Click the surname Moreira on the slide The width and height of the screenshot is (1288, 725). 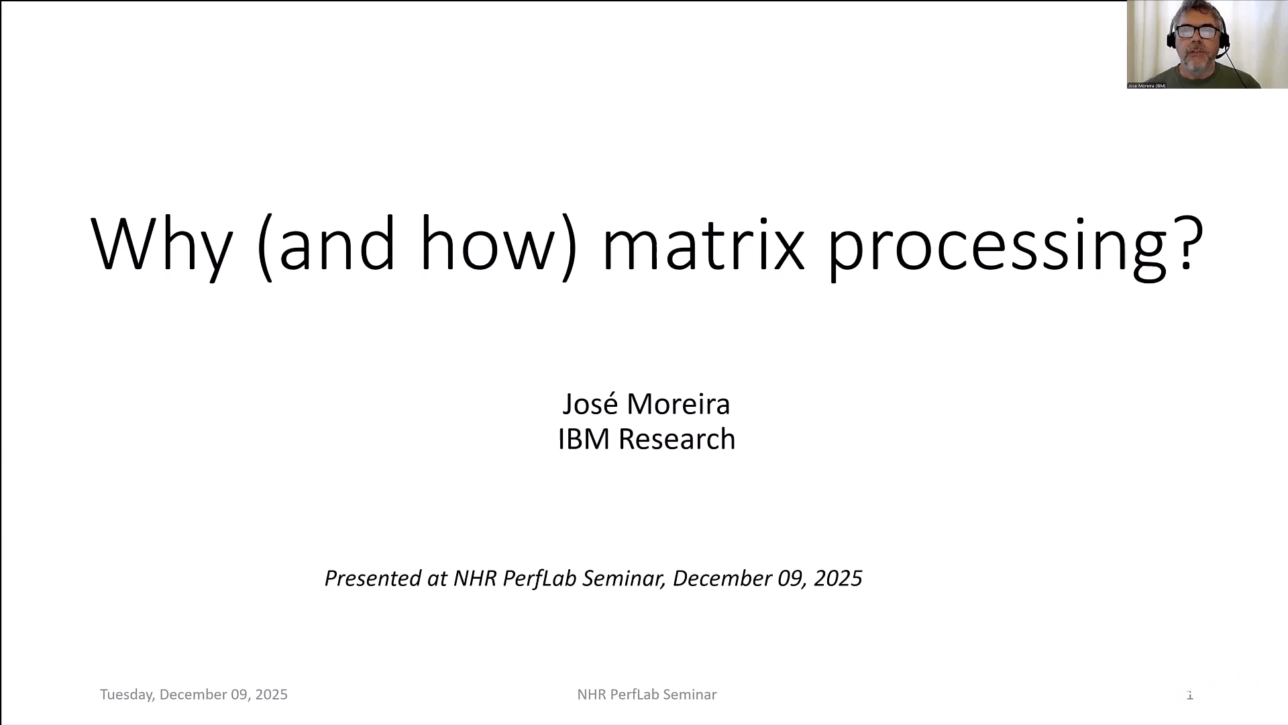coord(678,403)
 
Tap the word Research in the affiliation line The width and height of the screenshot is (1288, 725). coord(676,439)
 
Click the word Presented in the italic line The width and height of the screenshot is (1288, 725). coord(372,578)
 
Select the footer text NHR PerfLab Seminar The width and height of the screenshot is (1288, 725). coord(647,695)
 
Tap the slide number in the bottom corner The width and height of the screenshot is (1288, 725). coord(1190,695)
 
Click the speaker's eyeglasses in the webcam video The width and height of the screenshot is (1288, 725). coord(1197,32)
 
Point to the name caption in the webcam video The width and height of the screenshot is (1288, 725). coord(1146,86)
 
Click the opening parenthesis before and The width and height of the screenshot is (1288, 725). coord(265,246)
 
